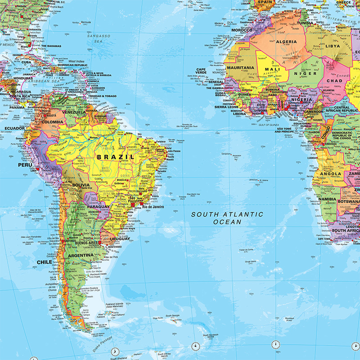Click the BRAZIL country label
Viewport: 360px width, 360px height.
pos(115,157)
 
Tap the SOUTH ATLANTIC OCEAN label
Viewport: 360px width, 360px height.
pos(227,218)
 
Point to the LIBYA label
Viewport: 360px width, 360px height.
pos(333,46)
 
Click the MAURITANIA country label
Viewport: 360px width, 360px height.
pos(240,67)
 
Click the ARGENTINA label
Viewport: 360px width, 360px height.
pos(81,256)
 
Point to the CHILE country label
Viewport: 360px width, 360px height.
pos(45,261)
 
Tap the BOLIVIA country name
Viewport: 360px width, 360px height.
pos(81,185)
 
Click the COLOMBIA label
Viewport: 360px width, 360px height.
pos(52,122)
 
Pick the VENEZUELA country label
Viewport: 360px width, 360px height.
pos(73,112)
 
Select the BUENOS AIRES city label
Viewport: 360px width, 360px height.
pos(86,243)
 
